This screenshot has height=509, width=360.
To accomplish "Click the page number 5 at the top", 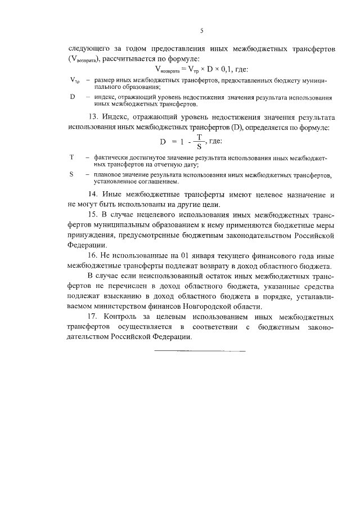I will coord(200,30).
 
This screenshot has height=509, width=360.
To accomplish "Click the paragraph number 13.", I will coord(94,118).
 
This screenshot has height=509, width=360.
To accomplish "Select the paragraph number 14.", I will coord(94,195).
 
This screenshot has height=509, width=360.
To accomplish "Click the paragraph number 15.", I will coord(94,215).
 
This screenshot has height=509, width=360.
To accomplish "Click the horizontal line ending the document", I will coord(200,352).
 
